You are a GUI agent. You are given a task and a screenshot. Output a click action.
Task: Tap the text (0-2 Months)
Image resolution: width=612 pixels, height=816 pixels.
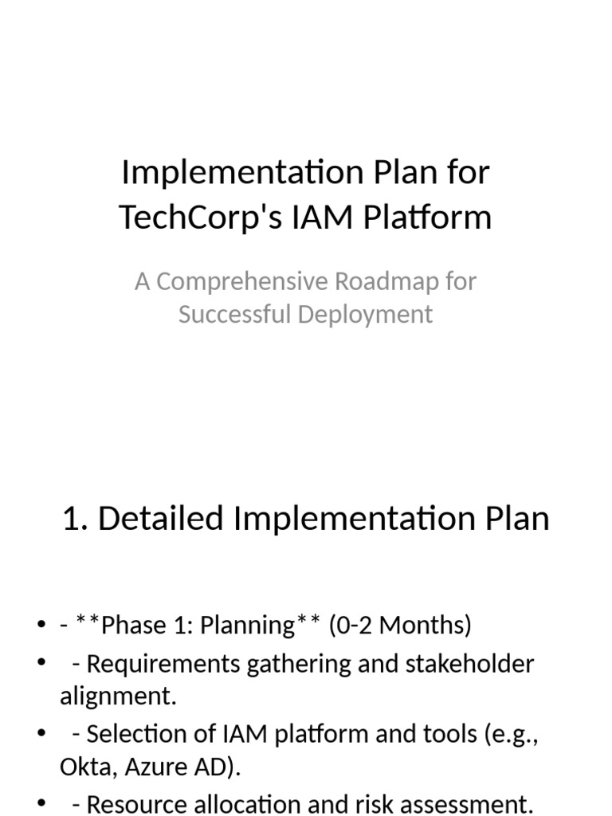(400, 626)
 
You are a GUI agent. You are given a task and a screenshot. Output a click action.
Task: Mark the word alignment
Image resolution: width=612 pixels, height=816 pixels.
(117, 696)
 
